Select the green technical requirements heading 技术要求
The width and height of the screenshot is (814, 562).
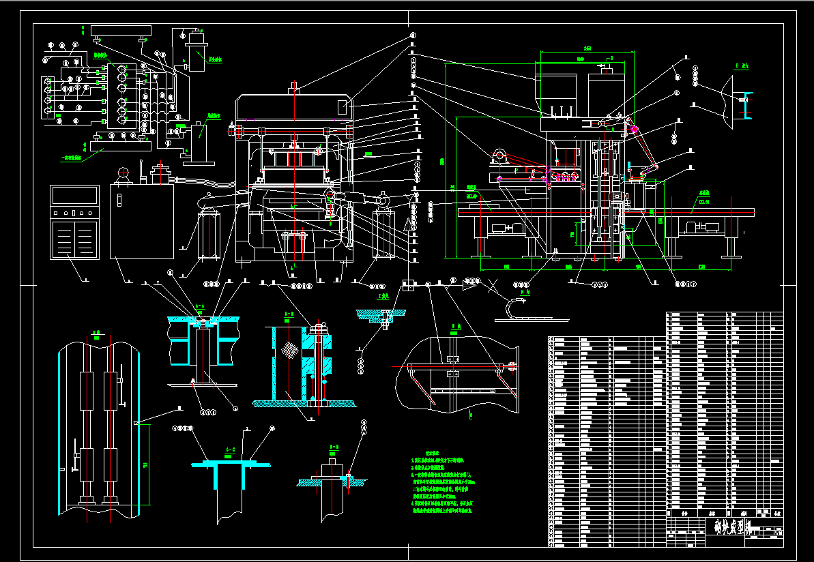tap(434, 452)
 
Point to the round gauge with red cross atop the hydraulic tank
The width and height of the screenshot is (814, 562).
tap(124, 173)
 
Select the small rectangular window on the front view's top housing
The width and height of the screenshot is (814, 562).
tap(343, 106)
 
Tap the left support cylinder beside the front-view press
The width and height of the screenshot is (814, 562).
tap(209, 234)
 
